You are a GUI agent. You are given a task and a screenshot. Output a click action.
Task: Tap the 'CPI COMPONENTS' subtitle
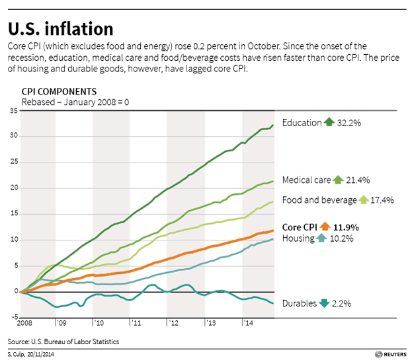[x=60, y=91]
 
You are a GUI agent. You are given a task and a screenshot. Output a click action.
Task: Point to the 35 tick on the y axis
[x=13, y=111]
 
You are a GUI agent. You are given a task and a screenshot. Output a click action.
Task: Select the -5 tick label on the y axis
[x=13, y=317]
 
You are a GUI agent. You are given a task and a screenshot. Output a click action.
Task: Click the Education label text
[x=302, y=123]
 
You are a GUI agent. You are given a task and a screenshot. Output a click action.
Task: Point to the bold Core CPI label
[x=301, y=227]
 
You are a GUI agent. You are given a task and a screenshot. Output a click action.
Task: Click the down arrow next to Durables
[x=323, y=304]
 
